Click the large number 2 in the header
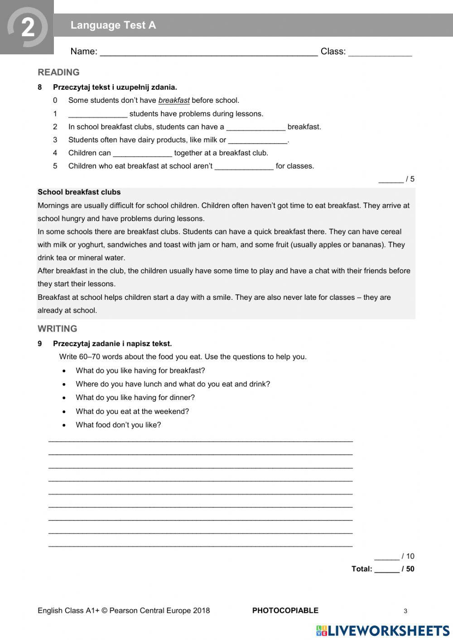[x=28, y=28]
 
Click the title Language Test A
[x=113, y=25]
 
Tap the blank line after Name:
[x=208, y=52]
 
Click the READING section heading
[x=58, y=72]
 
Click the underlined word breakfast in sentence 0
[x=174, y=101]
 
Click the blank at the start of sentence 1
[x=98, y=114]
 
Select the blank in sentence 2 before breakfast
[x=255, y=127]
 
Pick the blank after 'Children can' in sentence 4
[x=142, y=154]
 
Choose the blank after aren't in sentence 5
[x=244, y=167]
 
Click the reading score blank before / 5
[x=390, y=180]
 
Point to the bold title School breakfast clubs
[x=79, y=192]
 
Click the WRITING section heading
[x=58, y=329]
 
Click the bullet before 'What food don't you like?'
[x=65, y=425]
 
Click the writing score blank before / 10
[x=386, y=558]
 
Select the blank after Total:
[x=386, y=570]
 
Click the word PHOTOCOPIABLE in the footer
[x=285, y=611]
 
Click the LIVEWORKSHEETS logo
[x=383, y=630]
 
